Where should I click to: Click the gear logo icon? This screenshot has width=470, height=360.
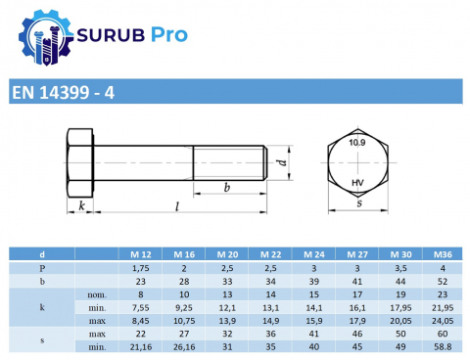45,37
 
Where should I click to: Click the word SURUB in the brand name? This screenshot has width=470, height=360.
111,35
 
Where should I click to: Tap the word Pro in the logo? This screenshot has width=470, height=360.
168,34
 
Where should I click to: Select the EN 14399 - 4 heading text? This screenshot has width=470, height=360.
63,92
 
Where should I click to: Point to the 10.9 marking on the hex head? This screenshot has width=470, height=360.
357,143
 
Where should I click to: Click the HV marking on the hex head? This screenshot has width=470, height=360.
357,183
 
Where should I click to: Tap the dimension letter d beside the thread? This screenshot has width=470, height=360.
282,162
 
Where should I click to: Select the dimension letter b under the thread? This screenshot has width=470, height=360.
227,187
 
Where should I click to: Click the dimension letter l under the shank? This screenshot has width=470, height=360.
177,206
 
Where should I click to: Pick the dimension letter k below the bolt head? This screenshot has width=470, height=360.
81,205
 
